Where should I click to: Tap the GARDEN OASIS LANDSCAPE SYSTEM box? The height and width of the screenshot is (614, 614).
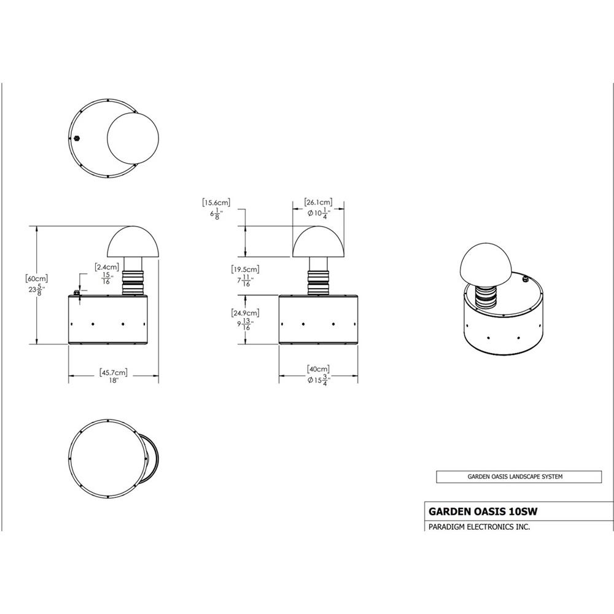tap(519, 476)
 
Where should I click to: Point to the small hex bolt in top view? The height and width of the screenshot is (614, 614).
tap(77, 138)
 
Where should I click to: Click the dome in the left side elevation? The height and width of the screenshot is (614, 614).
tap(133, 243)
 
